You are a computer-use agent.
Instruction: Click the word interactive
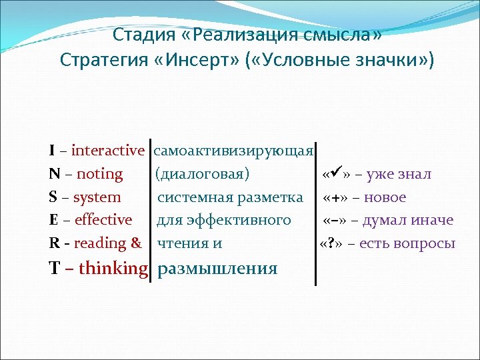107,151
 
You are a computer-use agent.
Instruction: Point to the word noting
100,174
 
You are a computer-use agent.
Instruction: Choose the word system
97,197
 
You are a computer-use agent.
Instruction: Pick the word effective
103,220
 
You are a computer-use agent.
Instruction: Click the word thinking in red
113,268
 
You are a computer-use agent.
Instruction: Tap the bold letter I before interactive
52,151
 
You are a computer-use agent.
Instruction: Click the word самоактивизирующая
233,151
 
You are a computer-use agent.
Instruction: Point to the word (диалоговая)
202,174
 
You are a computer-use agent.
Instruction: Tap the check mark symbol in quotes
338,174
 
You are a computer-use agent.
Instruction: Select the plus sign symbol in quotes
337,197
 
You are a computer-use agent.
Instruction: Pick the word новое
385,197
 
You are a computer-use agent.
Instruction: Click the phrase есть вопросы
407,243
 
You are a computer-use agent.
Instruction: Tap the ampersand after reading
136,243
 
